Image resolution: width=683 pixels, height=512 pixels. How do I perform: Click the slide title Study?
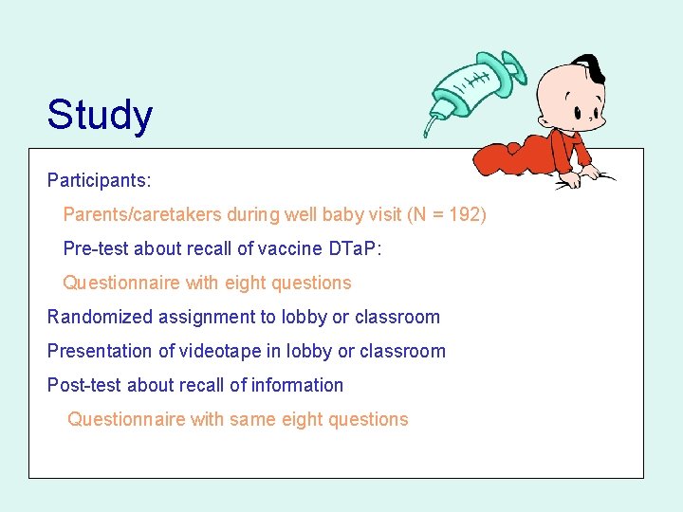coord(100,115)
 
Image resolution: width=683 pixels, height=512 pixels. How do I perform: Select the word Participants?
coord(100,179)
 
